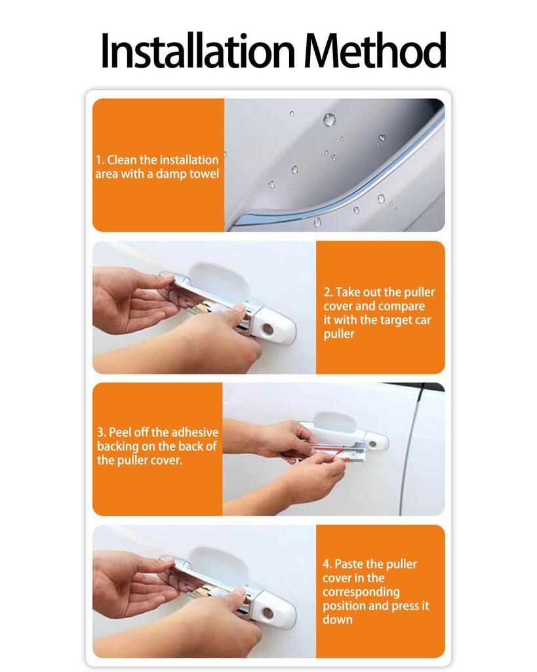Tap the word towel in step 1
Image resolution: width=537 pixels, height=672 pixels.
click(204, 174)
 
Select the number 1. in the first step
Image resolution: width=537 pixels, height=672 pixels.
click(100, 159)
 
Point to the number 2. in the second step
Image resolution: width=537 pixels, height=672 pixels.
click(328, 292)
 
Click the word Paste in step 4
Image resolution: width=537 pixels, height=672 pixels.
click(349, 564)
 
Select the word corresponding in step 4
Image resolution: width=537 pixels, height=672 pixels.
click(361, 592)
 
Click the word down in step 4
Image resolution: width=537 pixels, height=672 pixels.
click(338, 619)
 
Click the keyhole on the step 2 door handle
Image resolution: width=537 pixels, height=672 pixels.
click(268, 328)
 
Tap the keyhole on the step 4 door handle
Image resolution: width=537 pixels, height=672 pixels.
click(268, 612)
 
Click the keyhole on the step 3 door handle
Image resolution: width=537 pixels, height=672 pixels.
click(372, 444)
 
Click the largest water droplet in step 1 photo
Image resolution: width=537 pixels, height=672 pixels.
click(329, 119)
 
